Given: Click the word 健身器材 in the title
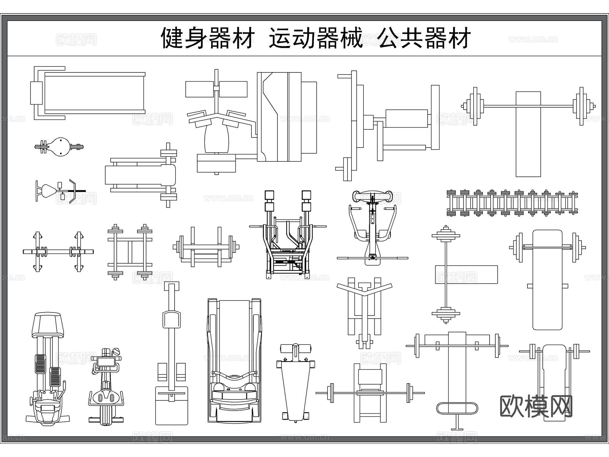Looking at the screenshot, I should tap(207, 38).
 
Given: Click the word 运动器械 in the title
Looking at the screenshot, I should tap(315, 38).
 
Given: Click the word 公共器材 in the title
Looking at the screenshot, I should tap(424, 38).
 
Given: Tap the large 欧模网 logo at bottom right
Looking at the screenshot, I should tap(536, 406).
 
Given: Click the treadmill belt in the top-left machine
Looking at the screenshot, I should tap(94, 92).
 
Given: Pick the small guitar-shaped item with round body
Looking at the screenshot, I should tap(60, 147).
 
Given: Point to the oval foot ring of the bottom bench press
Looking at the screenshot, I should tap(457, 408).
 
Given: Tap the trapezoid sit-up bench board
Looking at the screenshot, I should tap(296, 389).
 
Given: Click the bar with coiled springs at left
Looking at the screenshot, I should tap(58, 252).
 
